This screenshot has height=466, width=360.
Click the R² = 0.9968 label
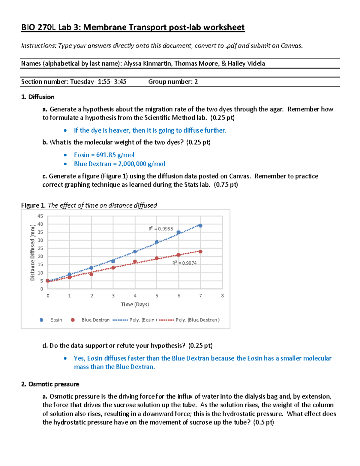pyautogui.click(x=161, y=229)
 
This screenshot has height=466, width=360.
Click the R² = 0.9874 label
pyautogui.click(x=184, y=263)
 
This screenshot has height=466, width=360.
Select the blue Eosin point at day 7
pyautogui.click(x=200, y=226)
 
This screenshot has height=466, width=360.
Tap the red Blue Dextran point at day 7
pyautogui.click(x=200, y=252)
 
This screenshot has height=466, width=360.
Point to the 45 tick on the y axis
pyautogui.click(x=40, y=216)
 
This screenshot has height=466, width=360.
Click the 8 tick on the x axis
pyautogui.click(x=222, y=296)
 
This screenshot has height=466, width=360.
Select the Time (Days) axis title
pyautogui.click(x=135, y=305)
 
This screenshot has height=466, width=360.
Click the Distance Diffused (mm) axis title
pyautogui.click(x=32, y=253)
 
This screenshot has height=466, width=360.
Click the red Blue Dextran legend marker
pyautogui.click(x=73, y=320)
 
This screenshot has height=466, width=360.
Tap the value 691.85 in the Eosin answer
pyautogui.click(x=106, y=155)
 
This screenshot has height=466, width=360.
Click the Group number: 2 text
pyautogui.click(x=173, y=82)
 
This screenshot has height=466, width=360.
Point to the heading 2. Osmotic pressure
pyautogui.click(x=50, y=384)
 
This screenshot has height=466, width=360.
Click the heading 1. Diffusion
pyautogui.click(x=38, y=97)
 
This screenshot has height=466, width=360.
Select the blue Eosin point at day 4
pyautogui.click(x=135, y=252)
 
